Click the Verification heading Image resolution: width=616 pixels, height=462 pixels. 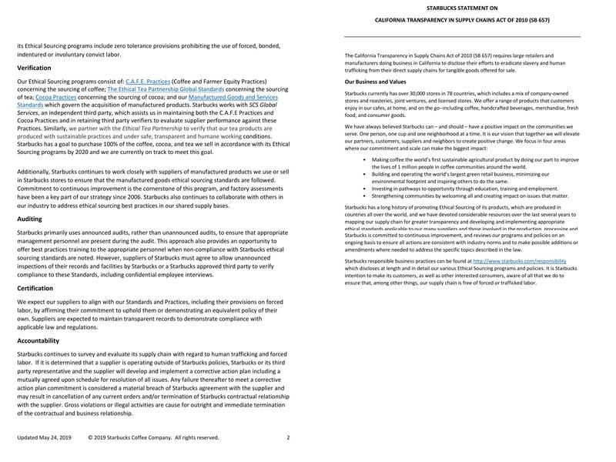click(34, 68)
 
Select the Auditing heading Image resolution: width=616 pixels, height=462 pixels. click(29, 198)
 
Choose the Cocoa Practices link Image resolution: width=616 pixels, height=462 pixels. click(55, 97)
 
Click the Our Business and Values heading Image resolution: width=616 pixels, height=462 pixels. click(375, 82)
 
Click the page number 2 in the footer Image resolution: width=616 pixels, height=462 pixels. click(288, 437)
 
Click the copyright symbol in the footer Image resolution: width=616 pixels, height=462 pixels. click(90, 437)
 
